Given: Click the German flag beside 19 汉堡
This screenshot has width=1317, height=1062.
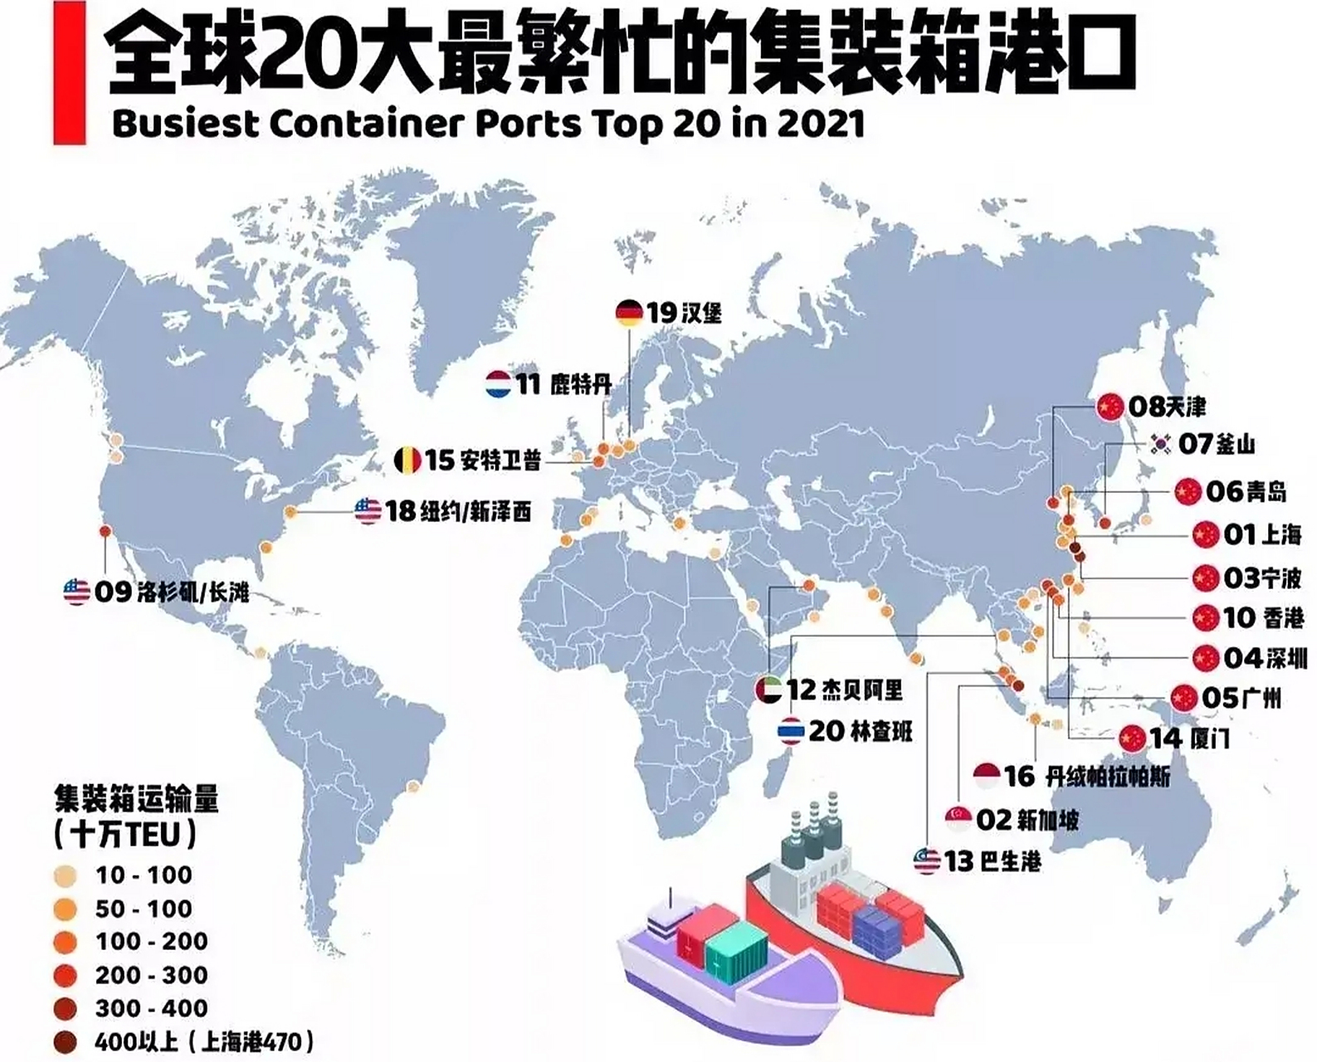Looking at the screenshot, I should click(x=629, y=313).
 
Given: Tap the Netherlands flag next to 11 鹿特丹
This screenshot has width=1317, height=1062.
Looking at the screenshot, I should click(x=499, y=384).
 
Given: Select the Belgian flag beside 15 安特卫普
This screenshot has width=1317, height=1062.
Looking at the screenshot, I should click(x=407, y=459).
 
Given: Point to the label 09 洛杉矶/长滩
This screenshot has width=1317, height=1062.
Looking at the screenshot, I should click(x=171, y=592).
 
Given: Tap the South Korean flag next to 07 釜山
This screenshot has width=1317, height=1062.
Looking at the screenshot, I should click(x=1161, y=444).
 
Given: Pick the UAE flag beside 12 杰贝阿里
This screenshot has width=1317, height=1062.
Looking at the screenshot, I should click(x=768, y=690).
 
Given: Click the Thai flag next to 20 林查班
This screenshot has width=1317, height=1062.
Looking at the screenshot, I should click(x=790, y=731).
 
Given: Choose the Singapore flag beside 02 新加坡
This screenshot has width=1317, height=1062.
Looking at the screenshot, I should click(x=958, y=819).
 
